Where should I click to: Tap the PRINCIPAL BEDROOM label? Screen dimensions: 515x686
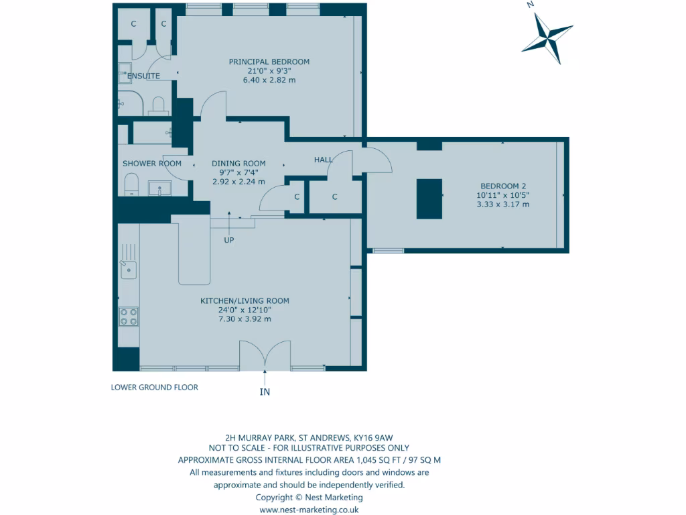[x=269, y=62]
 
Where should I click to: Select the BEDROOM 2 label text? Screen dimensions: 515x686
[x=502, y=186]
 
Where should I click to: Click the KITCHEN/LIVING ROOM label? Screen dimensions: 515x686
[x=245, y=301]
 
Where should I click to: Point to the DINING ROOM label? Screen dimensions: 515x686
[x=238, y=163]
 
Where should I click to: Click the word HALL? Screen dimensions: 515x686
[x=324, y=160]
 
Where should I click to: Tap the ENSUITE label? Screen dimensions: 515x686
[x=143, y=76]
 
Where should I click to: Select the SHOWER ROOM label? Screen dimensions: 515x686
[x=152, y=163]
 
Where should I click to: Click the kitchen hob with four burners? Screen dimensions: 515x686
[x=129, y=316]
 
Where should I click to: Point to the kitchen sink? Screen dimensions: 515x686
[x=128, y=270]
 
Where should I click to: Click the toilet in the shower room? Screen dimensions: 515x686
[x=131, y=184]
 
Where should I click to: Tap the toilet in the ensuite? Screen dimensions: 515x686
[x=159, y=105]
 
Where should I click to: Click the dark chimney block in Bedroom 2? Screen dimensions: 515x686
[x=429, y=198]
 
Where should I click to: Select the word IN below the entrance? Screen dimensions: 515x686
[x=265, y=392]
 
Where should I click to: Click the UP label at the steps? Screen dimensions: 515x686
[x=229, y=239]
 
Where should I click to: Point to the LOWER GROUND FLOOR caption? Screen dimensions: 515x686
[x=155, y=387]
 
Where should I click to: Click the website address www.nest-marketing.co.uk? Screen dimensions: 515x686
[x=309, y=510]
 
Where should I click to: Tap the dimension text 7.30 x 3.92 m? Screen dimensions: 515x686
[x=245, y=319]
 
